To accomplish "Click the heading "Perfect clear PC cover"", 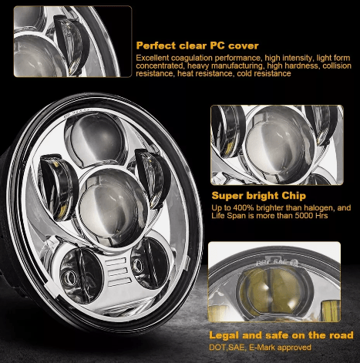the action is click(197, 45).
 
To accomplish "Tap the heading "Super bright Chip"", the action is click(259, 196).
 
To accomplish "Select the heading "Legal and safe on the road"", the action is click(281, 335).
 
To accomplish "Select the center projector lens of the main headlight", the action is click(113, 207).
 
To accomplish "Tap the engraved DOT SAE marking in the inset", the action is click(277, 263).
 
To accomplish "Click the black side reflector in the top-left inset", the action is click(71, 45).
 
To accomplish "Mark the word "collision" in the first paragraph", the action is click(337, 66).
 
